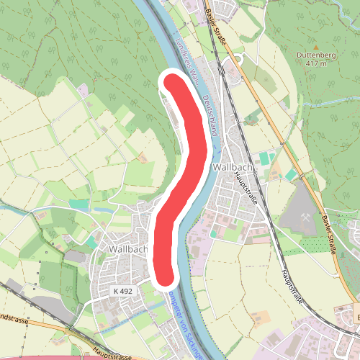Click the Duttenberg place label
[311, 54]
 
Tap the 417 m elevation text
[311, 63]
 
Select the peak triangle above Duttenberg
[311, 45]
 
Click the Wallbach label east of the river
[232, 167]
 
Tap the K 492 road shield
[124, 291]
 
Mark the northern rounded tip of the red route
[171, 81]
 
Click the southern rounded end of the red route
[165, 276]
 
